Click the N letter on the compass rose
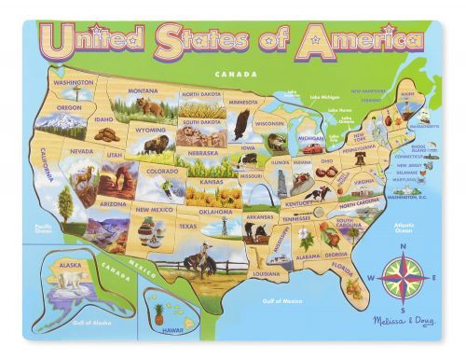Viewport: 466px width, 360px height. (x=403, y=246)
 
